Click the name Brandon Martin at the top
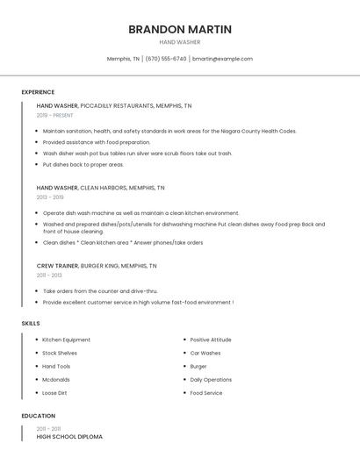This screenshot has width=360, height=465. coord(180,29)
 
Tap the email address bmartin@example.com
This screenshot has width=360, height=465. coord(222,59)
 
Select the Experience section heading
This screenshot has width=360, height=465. coord(38,92)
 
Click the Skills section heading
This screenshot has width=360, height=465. coord(31,324)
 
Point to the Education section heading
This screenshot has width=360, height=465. coord(39,416)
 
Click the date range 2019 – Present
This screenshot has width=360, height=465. coord(55,115)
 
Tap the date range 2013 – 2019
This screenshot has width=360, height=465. coord(50,197)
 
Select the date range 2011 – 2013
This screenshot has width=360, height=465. coord(49,275)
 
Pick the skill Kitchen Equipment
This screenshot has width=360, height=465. coord(67,340)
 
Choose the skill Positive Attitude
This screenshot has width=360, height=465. coord(211,340)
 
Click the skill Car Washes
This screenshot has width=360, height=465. coord(205,353)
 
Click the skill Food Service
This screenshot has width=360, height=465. coord(206,393)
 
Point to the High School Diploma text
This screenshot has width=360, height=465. coord(69,436)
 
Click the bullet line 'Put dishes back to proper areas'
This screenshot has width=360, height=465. coord(83,164)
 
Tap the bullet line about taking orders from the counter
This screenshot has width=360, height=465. coord(100,290)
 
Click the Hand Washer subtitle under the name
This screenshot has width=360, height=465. coord(180,42)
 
